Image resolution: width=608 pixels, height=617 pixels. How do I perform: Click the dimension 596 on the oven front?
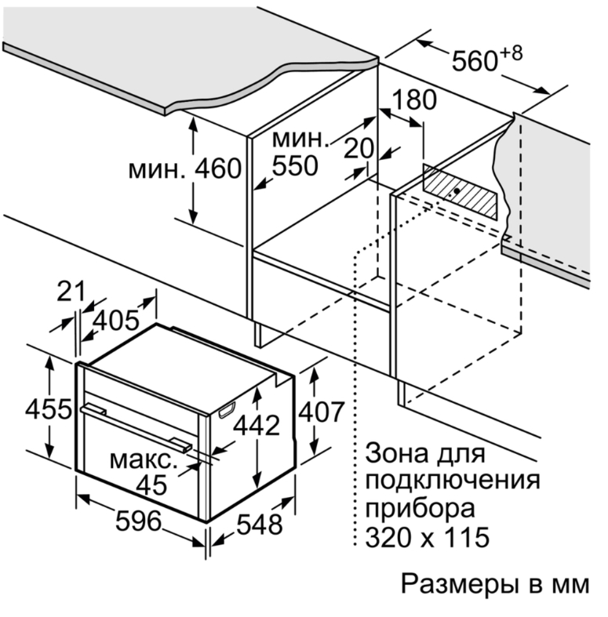tap(139, 521)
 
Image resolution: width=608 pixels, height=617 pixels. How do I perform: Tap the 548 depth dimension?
tap(260, 524)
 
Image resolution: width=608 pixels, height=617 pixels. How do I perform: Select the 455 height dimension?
tap(49, 408)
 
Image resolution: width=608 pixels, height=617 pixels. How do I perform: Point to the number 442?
tap(257, 426)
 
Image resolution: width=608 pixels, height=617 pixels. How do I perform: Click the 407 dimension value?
tap(322, 412)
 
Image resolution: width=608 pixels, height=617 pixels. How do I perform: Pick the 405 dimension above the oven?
tap(116, 320)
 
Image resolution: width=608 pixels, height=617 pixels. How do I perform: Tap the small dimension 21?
tap(71, 292)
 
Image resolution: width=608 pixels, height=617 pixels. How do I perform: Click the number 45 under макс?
tap(151, 485)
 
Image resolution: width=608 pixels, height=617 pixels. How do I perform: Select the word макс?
tap(141, 460)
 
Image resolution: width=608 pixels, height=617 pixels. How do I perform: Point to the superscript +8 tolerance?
tap(512, 53)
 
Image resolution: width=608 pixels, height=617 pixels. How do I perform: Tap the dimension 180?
tap(414, 100)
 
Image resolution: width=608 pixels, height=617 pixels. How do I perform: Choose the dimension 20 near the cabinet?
tap(359, 148)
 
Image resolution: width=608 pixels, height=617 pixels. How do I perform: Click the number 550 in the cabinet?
tap(295, 165)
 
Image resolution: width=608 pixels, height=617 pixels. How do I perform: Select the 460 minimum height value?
tap(218, 169)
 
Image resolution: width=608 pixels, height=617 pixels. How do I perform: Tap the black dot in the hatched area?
tap(457, 191)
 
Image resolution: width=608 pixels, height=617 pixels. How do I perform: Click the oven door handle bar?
tap(137, 427)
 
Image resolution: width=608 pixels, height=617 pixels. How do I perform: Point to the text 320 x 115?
tap(428, 537)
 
